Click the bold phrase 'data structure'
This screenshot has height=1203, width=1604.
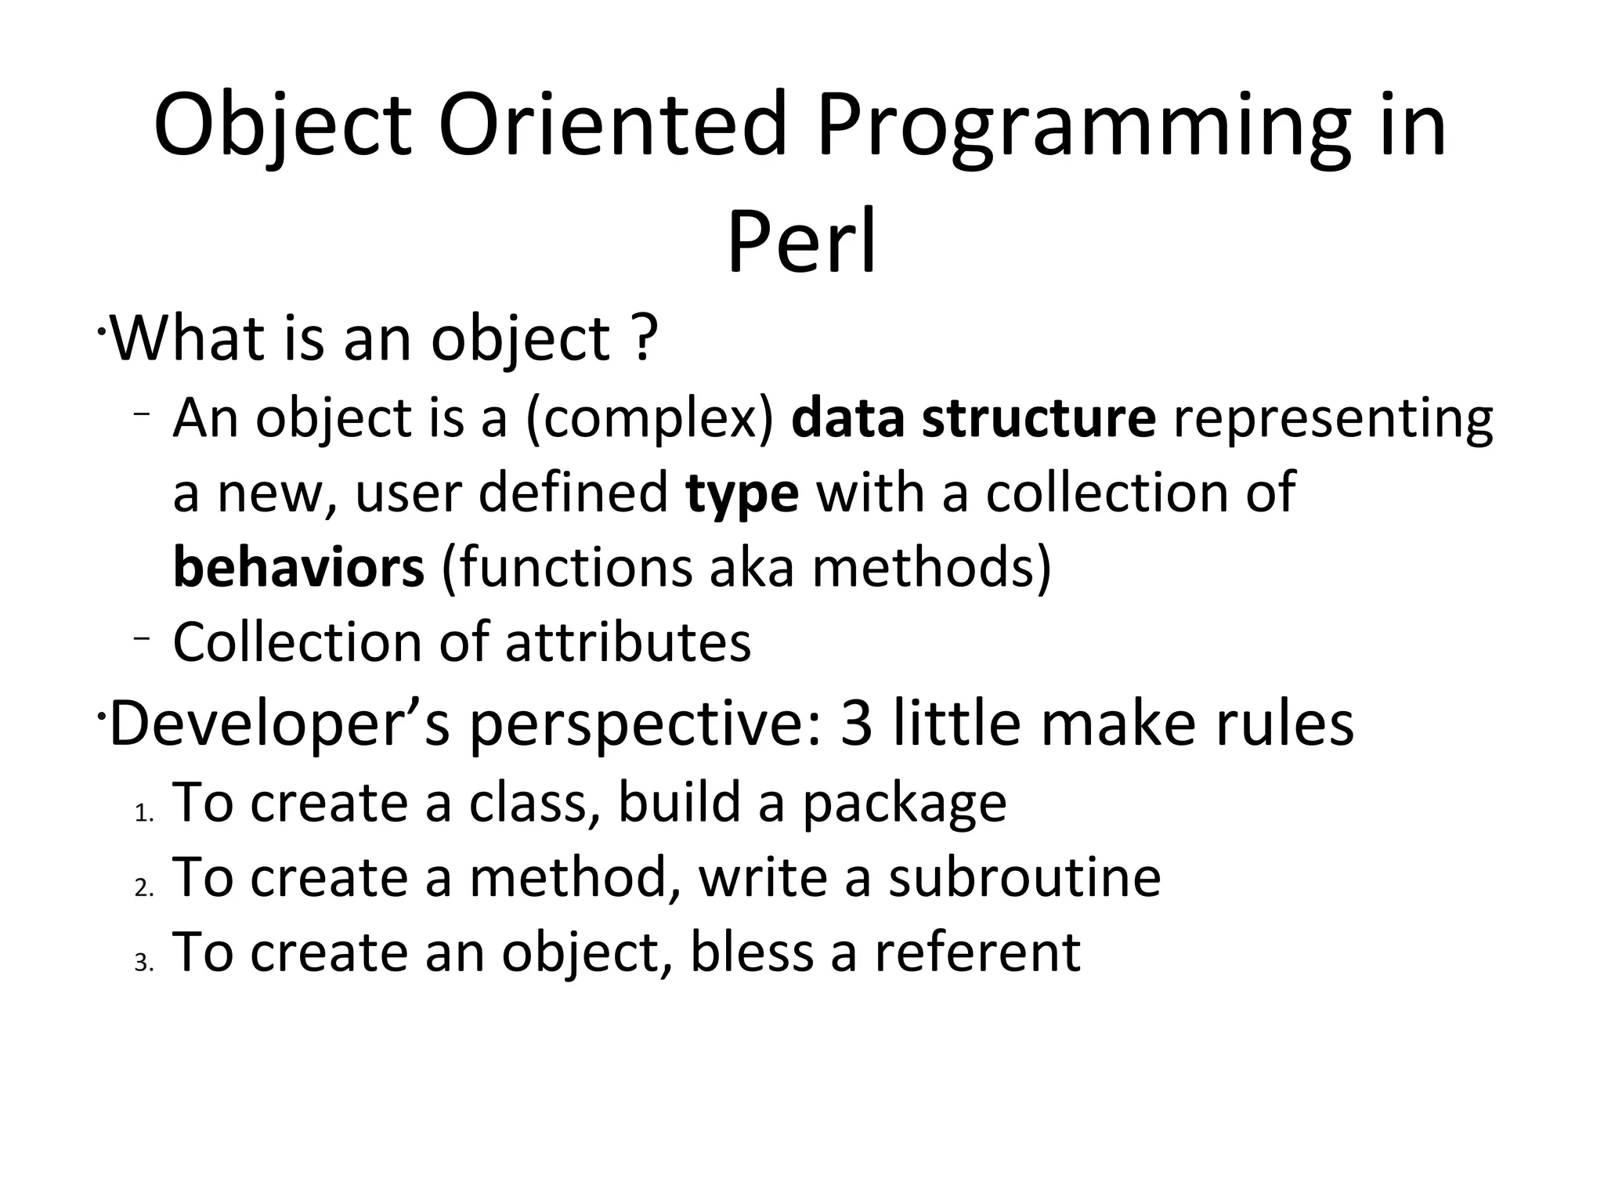(973, 418)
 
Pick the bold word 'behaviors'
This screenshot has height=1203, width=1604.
(298, 567)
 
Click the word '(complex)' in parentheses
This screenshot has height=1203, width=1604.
(649, 420)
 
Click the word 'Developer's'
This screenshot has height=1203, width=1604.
(280, 724)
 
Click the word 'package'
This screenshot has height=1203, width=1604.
(905, 805)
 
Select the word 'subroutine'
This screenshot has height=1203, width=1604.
(1024, 877)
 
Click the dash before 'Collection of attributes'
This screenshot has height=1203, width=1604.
(141, 638)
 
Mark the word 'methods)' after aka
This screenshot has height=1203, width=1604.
(932, 567)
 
